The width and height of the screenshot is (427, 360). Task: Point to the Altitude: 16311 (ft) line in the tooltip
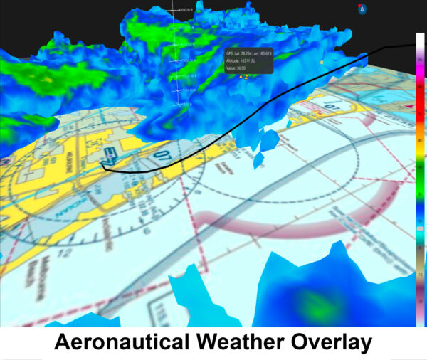coord(246,62)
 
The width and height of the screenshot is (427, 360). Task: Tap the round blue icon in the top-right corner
coord(362,9)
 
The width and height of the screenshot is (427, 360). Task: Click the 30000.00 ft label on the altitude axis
coord(187,11)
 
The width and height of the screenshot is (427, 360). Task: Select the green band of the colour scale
coord(421,171)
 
